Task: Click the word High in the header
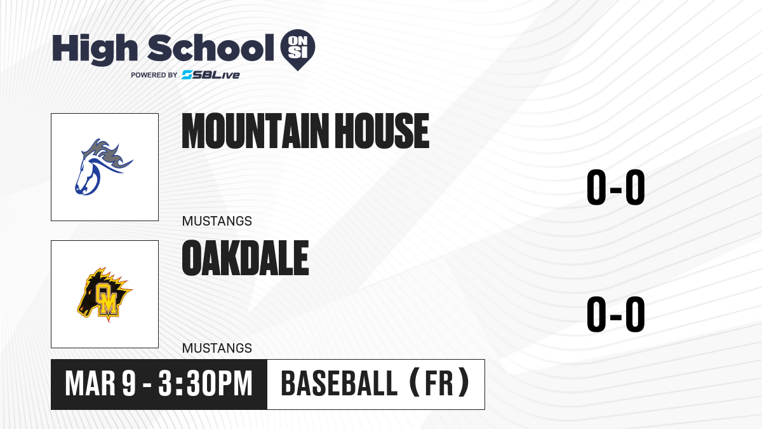95,49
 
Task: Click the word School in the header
211,48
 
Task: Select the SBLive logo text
210,75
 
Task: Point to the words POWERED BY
154,75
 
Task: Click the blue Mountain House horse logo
104,167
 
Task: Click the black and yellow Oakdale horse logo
105,294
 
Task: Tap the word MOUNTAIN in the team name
255,131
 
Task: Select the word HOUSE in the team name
382,131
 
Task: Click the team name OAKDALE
245,257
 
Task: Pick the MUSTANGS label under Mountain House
217,221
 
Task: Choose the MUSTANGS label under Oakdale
217,348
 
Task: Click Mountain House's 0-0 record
616,187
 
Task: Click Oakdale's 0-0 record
616,314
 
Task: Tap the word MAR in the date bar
90,384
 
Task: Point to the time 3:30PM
206,384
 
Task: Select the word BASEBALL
339,384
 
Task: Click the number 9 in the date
129,384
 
